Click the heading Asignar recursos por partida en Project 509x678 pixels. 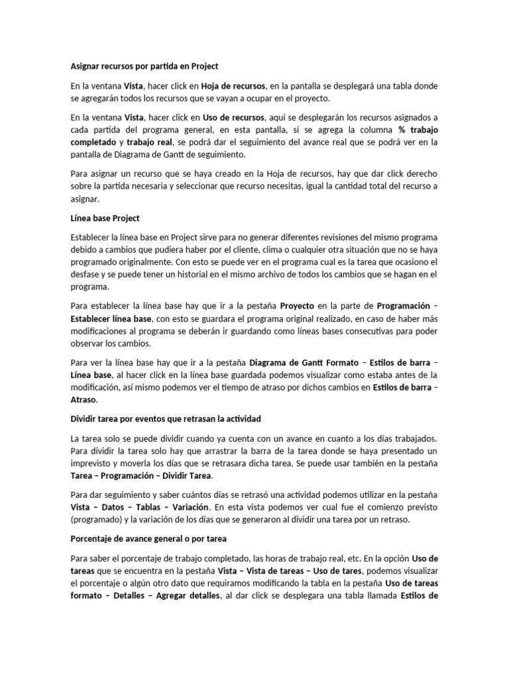[x=144, y=66]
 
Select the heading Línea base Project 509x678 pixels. [x=105, y=218]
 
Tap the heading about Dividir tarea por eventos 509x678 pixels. [x=166, y=418]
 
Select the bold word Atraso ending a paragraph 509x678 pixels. [x=83, y=400]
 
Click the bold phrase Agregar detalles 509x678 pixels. [x=188, y=595]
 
